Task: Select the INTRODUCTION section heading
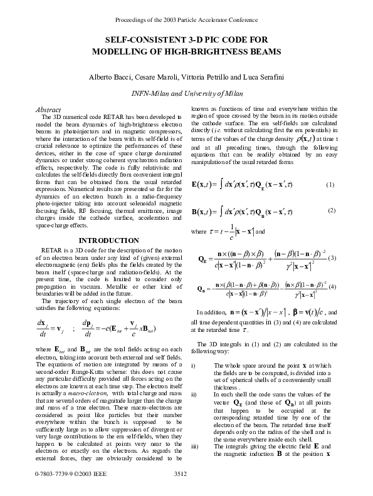tap(104, 240)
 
